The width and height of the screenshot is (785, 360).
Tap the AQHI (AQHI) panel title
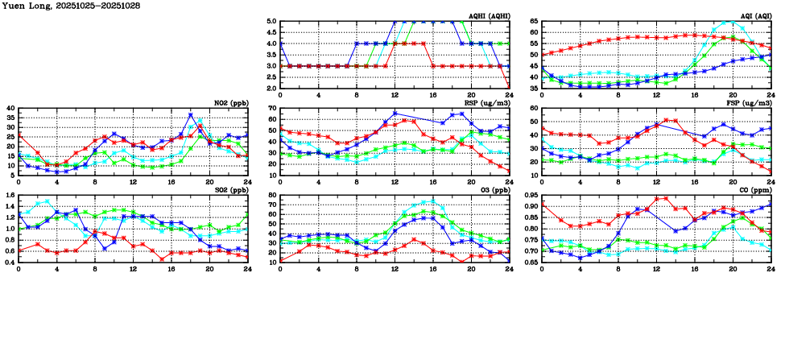(x=489, y=16)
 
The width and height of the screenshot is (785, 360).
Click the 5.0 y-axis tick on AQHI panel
(x=271, y=22)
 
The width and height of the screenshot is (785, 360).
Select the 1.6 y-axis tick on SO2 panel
(x=10, y=196)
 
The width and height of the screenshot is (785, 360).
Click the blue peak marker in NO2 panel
(x=191, y=114)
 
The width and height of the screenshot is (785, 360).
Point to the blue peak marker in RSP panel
(x=395, y=114)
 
